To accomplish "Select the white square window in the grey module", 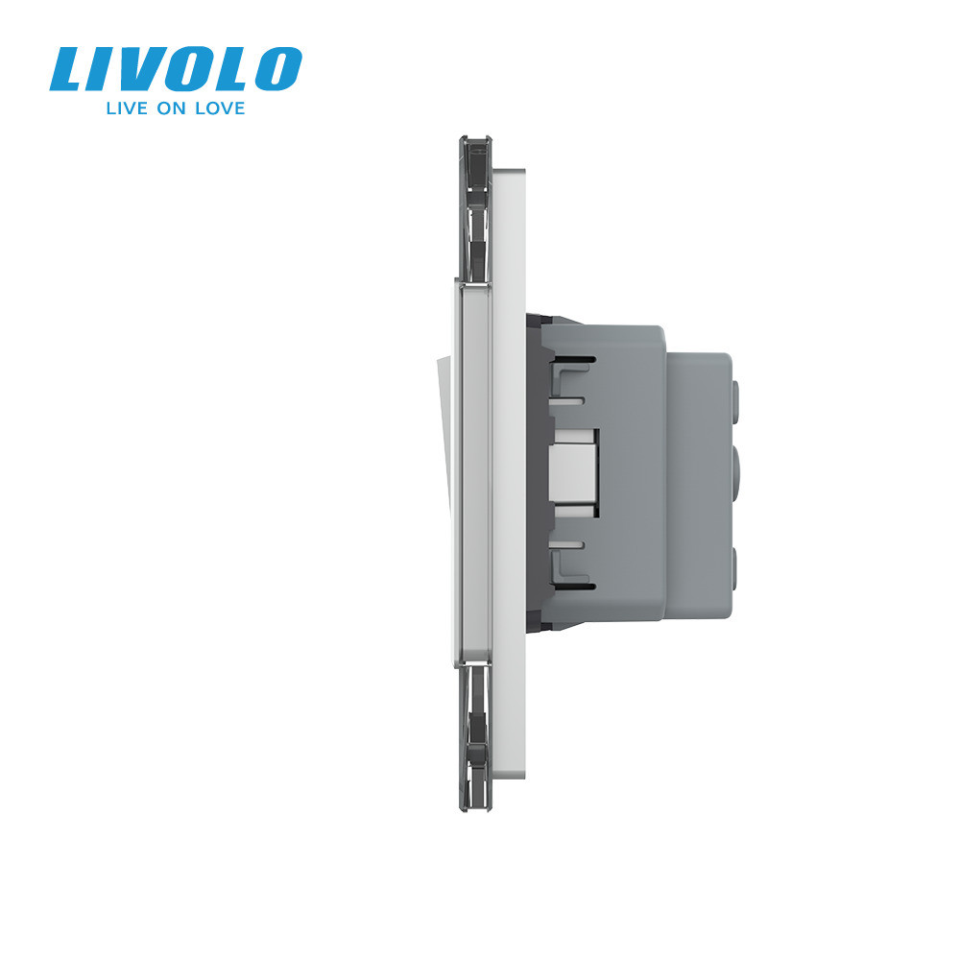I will coord(575,467).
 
